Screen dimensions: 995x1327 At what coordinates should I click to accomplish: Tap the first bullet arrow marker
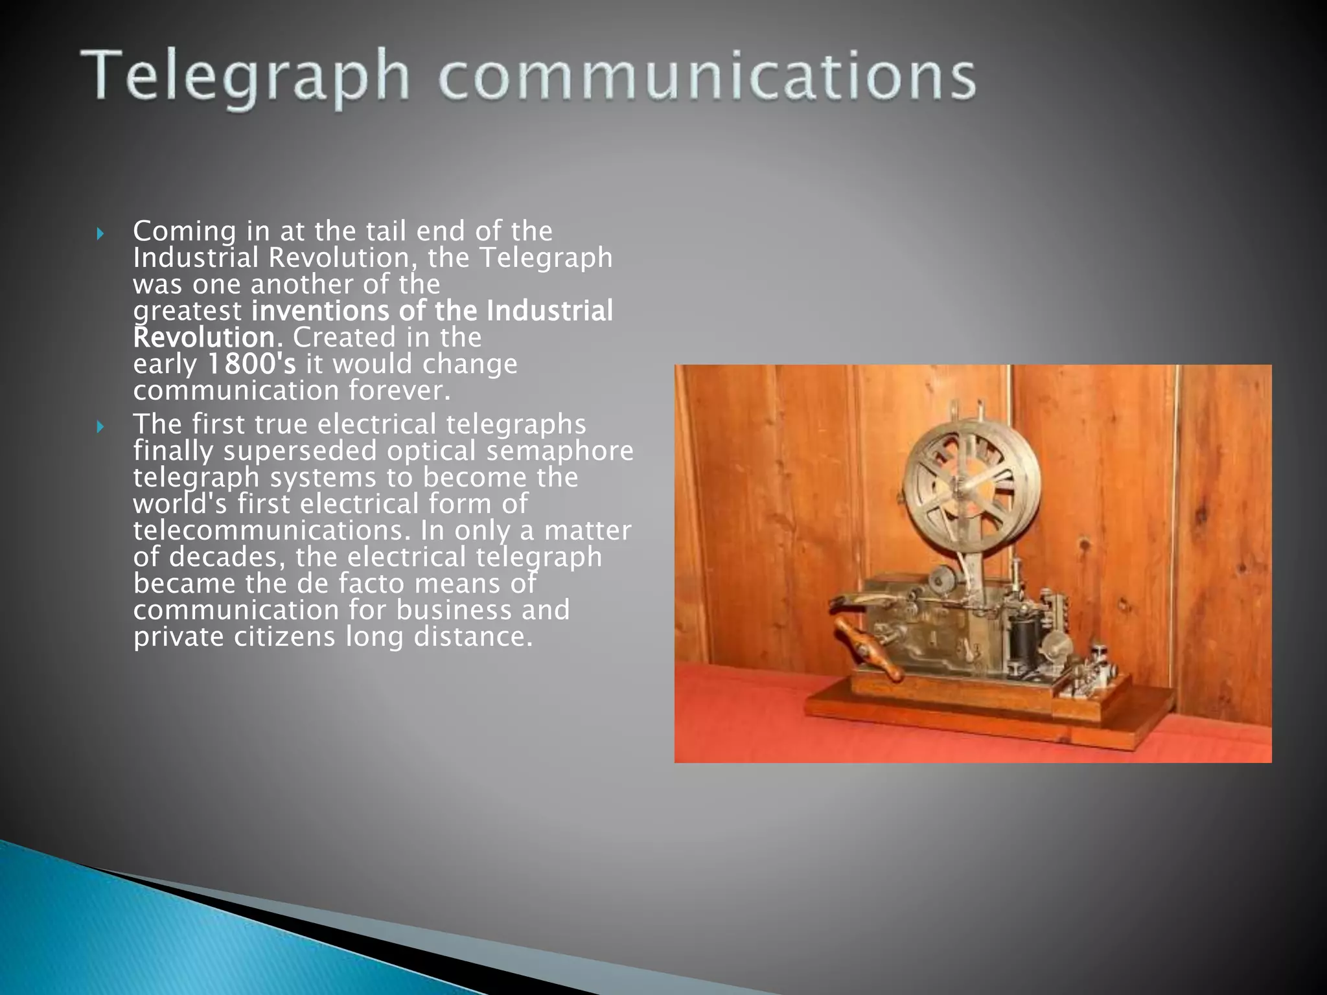point(100,233)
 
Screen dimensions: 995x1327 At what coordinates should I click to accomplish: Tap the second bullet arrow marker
point(100,426)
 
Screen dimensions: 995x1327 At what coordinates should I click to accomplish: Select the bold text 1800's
point(251,364)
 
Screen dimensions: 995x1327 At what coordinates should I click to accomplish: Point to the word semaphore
point(560,451)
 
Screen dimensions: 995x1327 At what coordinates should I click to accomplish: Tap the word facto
point(372,584)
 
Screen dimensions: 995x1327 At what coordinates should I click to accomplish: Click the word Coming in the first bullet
point(184,231)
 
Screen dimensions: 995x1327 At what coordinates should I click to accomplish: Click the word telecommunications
point(272,531)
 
